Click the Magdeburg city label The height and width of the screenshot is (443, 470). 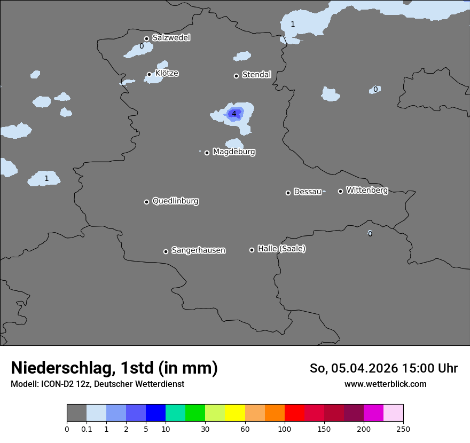(x=234, y=152)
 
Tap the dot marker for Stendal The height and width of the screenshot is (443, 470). (x=236, y=76)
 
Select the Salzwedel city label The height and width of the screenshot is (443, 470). (x=171, y=38)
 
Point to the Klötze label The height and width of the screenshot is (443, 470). (x=167, y=73)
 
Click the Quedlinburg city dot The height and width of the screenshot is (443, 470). (x=146, y=202)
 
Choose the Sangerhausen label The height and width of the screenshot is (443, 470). (x=198, y=250)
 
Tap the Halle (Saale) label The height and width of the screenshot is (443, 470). (x=281, y=249)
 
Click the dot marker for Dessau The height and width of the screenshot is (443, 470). (x=288, y=193)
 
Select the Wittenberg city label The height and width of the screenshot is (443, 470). (x=367, y=191)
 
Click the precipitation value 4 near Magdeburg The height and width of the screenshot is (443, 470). (x=233, y=114)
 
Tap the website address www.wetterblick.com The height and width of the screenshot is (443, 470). (x=385, y=384)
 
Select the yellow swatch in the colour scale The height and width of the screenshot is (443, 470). (x=235, y=413)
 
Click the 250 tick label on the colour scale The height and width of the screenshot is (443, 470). (x=403, y=429)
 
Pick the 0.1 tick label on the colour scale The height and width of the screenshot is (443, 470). (x=87, y=429)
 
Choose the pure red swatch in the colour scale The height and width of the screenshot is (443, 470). (x=294, y=413)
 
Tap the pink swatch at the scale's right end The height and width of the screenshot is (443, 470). (x=393, y=413)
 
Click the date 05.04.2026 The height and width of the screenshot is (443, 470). (x=364, y=368)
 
